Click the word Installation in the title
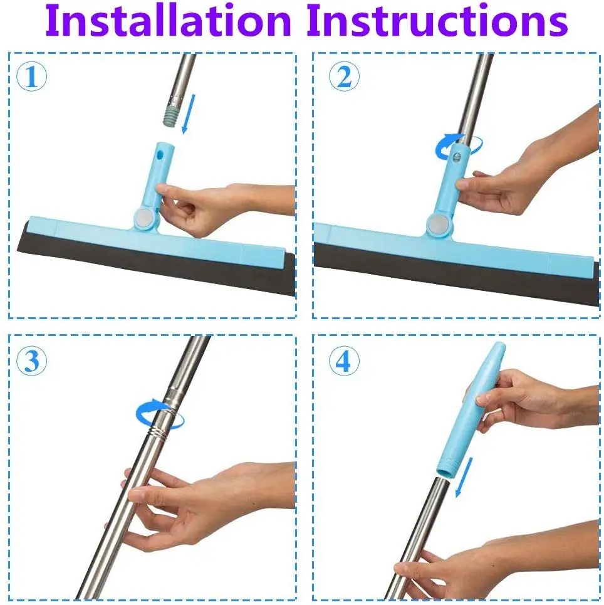pos(168,21)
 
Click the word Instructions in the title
pos(437,21)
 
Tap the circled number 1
pos(31,76)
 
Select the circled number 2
pos(344,76)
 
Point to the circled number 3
pos(31,360)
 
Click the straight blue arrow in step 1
pos(189,114)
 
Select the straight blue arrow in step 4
pos(464,477)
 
